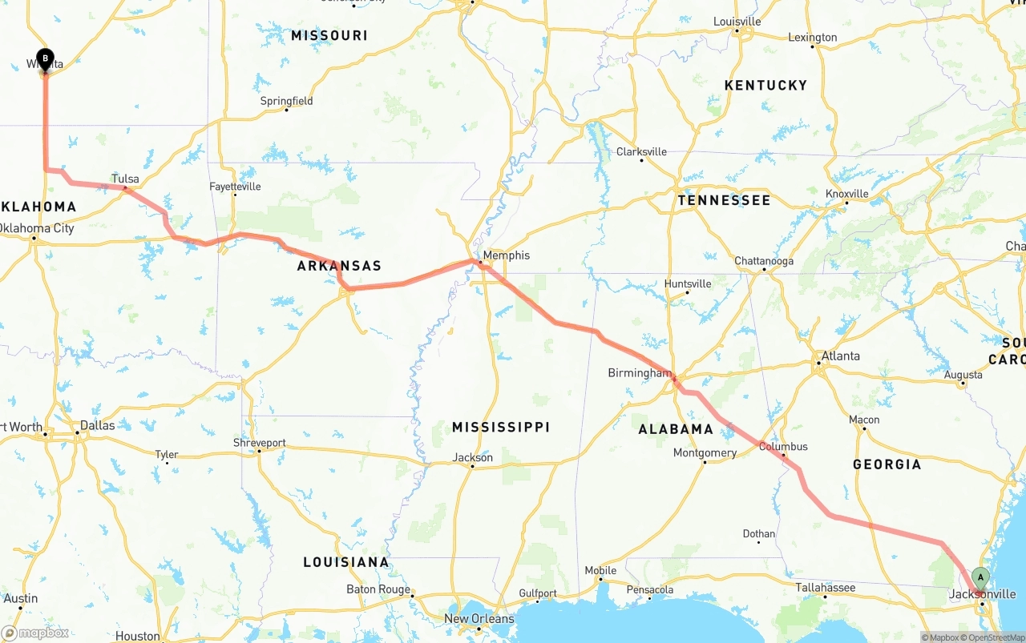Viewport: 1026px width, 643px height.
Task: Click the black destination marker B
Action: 46,58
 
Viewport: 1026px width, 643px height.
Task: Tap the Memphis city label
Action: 506,255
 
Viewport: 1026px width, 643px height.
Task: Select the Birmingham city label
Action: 639,373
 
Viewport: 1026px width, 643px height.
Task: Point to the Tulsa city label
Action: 125,179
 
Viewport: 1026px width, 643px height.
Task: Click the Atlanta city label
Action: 840,356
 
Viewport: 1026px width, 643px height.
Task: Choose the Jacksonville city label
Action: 982,594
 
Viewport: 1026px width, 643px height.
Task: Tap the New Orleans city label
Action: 479,619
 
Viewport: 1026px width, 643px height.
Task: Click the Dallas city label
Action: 97,425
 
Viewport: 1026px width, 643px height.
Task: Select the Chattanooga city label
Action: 764,261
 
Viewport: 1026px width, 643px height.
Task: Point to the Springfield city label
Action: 286,101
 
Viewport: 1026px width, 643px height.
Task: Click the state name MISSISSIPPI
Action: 500,427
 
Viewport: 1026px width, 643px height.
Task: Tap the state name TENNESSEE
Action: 724,200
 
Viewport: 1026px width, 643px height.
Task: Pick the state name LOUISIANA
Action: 345,562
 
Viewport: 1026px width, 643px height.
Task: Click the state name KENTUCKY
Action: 765,85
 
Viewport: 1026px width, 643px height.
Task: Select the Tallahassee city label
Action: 825,588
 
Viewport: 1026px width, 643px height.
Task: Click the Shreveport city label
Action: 259,443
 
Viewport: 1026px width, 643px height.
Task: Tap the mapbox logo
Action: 35,633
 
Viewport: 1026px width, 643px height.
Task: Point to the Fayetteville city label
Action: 235,187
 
